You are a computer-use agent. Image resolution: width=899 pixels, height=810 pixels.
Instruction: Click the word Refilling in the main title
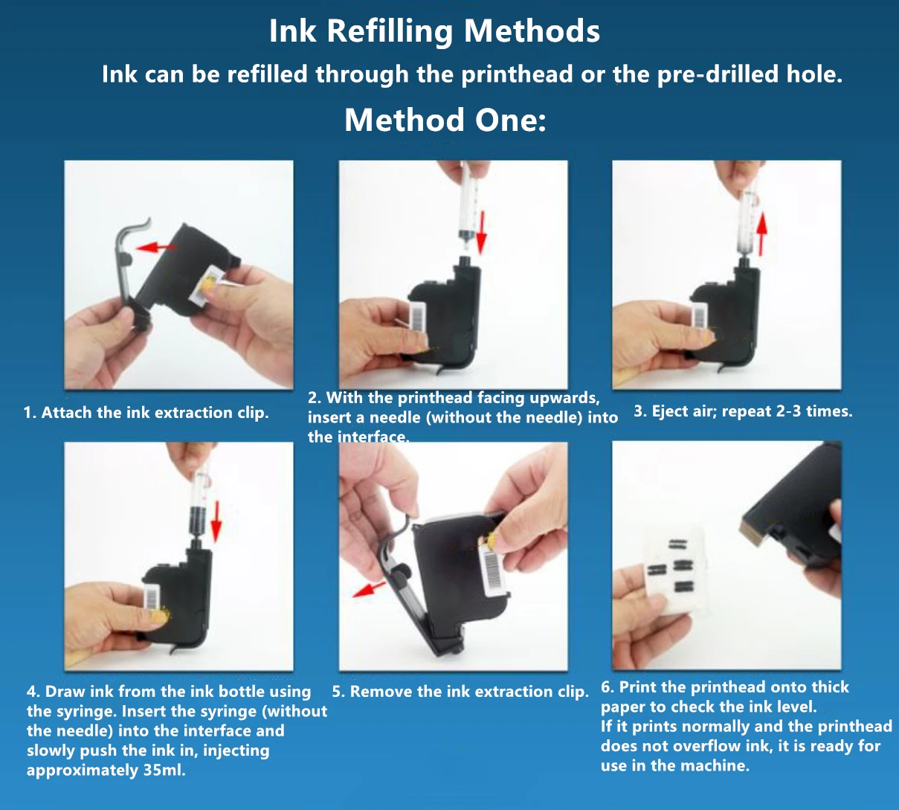[390, 31]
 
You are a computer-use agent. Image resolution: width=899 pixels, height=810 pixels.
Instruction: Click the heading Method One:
[445, 120]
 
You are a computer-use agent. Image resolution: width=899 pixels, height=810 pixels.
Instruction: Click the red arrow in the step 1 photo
[155, 247]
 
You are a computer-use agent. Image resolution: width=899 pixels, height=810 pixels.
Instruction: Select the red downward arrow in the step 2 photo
[481, 234]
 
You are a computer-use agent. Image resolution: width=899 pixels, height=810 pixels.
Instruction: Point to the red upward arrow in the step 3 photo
[761, 234]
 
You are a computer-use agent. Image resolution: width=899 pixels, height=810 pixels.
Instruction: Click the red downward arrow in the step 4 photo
[217, 521]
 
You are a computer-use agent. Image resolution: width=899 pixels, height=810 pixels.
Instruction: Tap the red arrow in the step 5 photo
[368, 589]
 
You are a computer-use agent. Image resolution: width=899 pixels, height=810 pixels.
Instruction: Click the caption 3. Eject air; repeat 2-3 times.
[743, 411]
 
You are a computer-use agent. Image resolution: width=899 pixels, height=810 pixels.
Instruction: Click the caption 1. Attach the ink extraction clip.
[146, 413]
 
